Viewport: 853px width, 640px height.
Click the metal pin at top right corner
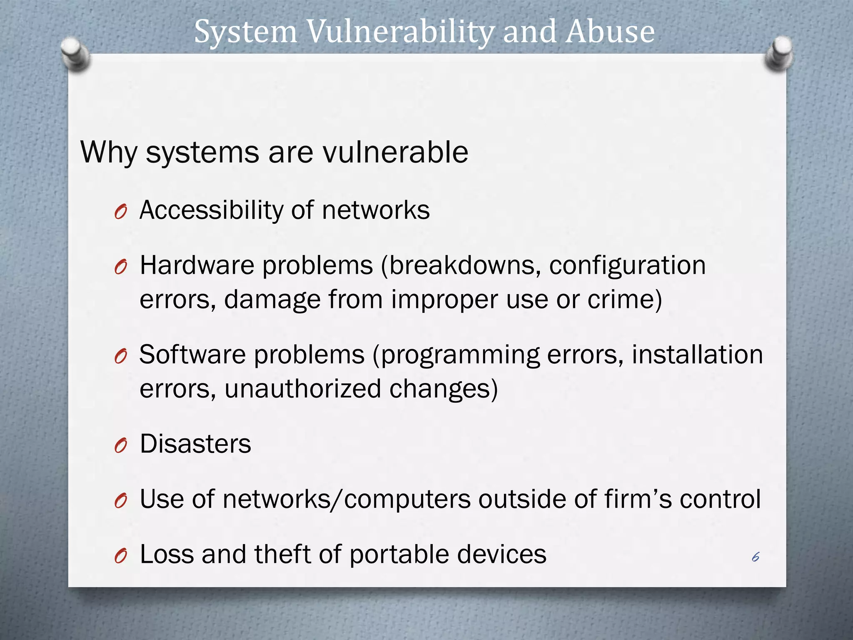[x=779, y=53]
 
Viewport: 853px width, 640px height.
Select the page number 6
[x=756, y=557]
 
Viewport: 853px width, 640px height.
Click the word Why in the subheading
[x=109, y=152]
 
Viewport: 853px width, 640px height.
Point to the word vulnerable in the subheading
[x=396, y=152]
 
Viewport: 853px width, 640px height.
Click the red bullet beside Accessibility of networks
[x=120, y=212]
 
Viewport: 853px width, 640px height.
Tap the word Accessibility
[x=211, y=210]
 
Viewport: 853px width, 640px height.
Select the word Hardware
[x=197, y=265]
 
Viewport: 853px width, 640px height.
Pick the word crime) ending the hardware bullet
[x=624, y=300]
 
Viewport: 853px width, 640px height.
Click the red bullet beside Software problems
[x=120, y=357]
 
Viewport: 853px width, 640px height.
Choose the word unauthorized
[x=303, y=389]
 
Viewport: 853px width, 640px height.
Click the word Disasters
[x=195, y=444]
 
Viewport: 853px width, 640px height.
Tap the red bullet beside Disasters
[x=120, y=446]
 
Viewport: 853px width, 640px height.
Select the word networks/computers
[x=346, y=499]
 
